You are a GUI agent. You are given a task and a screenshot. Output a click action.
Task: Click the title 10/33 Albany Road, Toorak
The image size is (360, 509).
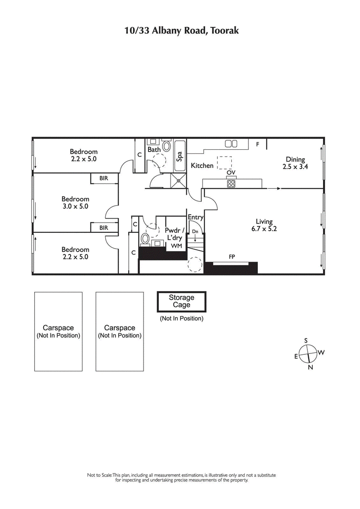[181, 31]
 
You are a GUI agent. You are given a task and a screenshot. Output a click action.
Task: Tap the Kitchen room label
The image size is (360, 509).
[202, 165]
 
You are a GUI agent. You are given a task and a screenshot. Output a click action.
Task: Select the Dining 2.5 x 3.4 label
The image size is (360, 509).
[295, 163]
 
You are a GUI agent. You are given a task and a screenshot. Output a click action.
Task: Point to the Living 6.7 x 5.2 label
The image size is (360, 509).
[264, 225]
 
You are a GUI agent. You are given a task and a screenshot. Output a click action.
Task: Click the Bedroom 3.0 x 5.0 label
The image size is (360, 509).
[75, 203]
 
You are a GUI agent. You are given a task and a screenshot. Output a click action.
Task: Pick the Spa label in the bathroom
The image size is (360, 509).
[179, 156]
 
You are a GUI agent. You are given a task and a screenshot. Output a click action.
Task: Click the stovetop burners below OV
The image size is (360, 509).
[231, 183]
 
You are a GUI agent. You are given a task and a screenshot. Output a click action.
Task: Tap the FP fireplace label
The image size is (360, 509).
[232, 257]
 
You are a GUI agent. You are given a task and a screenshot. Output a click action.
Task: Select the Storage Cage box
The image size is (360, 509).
[181, 301]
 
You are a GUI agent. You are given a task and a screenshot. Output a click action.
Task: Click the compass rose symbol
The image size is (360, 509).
[308, 353]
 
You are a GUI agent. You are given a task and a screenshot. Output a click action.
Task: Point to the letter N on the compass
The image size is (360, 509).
[310, 367]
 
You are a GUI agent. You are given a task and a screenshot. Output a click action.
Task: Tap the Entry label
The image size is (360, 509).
[196, 217]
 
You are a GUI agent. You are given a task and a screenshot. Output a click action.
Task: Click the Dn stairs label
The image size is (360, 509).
[195, 231]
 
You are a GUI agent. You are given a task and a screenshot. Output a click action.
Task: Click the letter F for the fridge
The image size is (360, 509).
[258, 144]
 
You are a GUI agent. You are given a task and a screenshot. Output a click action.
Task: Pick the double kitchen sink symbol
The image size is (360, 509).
[231, 143]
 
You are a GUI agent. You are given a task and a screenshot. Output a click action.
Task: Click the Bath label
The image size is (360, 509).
[154, 150]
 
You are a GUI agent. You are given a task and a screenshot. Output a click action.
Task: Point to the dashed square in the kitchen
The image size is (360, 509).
[225, 162]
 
